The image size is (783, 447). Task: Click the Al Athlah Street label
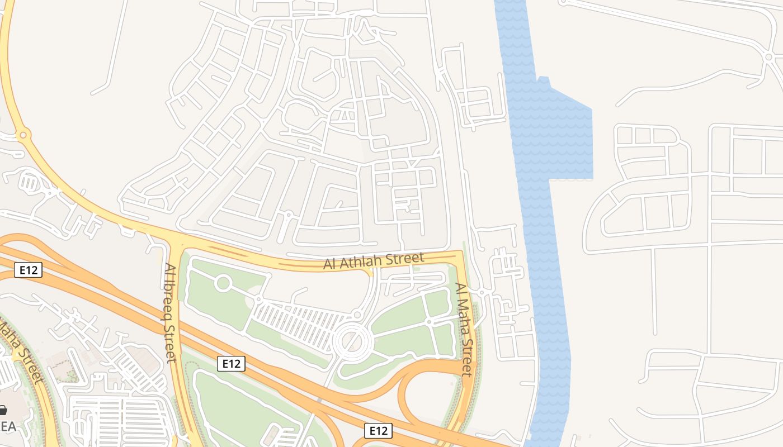click(x=374, y=260)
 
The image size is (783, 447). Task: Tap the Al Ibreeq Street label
click(x=171, y=313)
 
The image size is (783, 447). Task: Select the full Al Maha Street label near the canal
click(x=465, y=330)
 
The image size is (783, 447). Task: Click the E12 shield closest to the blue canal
click(x=378, y=431)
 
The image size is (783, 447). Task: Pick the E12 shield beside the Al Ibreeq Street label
click(x=231, y=364)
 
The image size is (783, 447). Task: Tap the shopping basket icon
click(x=2, y=411)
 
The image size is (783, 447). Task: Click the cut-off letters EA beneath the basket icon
click(x=8, y=426)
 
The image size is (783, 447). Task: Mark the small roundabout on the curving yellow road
click(x=23, y=135)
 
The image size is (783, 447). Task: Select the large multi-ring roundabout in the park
click(x=352, y=340)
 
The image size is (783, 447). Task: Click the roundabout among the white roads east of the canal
click(x=768, y=57)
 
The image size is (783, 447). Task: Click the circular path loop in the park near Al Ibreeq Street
click(x=223, y=283)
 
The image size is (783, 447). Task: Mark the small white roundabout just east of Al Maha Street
click(x=481, y=292)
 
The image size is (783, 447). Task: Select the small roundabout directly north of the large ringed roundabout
click(x=358, y=315)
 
